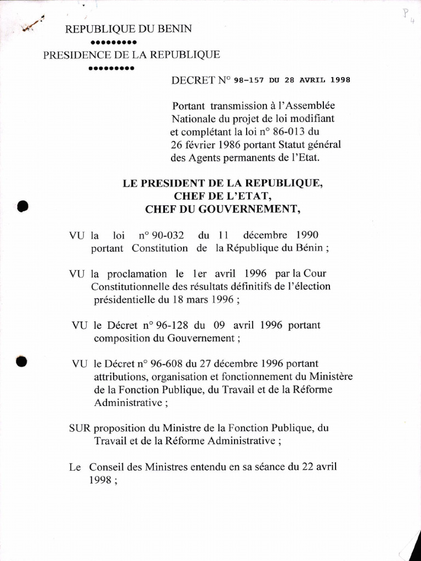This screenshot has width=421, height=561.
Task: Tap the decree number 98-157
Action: pyautogui.click(x=249, y=79)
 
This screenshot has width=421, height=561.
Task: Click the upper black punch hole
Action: pyautogui.click(x=22, y=206)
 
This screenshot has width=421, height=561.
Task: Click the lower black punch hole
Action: pyautogui.click(x=22, y=361)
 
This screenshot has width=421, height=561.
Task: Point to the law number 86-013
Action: pyautogui.click(x=292, y=131)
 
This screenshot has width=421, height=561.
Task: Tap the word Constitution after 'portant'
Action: pyautogui.click(x=160, y=248)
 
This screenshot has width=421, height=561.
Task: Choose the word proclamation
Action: pyautogui.click(x=132, y=273)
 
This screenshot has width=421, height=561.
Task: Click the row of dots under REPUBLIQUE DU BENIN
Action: pyautogui.click(x=113, y=42)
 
